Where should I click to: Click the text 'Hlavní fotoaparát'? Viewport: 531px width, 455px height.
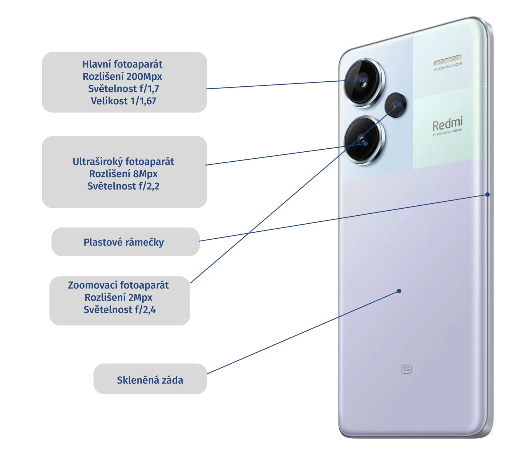coord(122,64)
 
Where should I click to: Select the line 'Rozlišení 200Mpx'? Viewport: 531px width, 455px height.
coord(122,77)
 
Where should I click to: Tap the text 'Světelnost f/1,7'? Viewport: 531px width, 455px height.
coord(123,89)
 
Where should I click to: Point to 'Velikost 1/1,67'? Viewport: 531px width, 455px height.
coord(123,101)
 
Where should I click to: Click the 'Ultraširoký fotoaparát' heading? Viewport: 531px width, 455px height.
coord(123,162)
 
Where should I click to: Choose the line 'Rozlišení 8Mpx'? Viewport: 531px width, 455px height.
coord(123,174)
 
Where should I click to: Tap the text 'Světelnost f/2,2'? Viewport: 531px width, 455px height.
coord(123,186)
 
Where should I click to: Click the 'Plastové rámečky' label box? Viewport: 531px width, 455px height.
coord(126,242)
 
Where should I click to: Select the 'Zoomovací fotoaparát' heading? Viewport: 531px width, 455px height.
coord(118,285)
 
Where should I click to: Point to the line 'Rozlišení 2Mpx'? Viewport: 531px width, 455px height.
coord(118,298)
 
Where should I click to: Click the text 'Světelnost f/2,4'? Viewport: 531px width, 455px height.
coord(119,310)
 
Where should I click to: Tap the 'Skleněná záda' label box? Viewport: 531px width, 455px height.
coord(150,379)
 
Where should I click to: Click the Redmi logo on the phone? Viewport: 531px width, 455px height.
coord(447,124)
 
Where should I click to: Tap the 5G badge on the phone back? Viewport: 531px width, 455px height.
coord(406,369)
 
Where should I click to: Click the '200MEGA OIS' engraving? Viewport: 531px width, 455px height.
coord(447,66)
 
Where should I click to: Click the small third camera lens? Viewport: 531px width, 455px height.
coord(395,105)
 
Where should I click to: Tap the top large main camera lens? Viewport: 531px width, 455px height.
coord(363,82)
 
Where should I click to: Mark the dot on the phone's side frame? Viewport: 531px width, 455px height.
coord(488,195)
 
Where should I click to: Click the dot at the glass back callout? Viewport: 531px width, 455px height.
coord(399,291)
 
